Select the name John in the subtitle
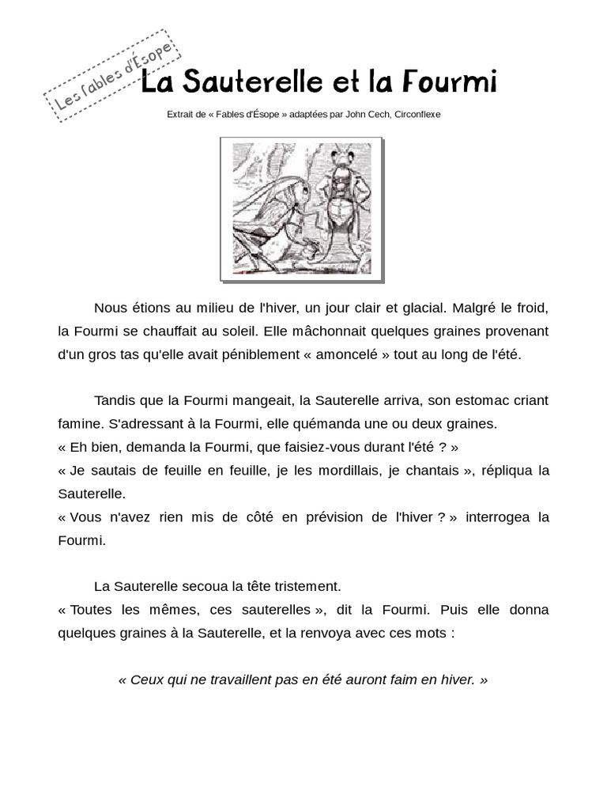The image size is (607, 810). point(358,114)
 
